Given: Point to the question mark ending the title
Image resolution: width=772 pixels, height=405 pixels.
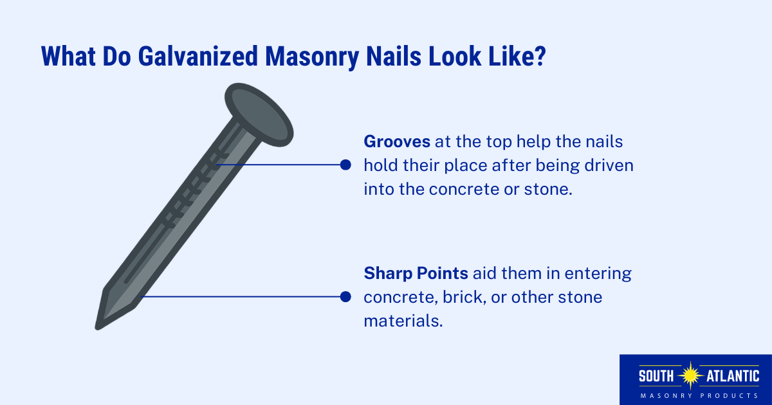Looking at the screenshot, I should click(540, 56).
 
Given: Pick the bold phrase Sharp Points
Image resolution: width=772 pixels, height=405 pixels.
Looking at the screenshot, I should click(416, 274).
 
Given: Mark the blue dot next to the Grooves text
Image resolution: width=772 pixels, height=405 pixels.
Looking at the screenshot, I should click(345, 165).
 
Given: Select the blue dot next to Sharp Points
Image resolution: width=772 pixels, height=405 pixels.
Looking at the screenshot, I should click(345, 297).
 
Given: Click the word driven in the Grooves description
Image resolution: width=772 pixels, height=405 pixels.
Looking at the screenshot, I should click(611, 166).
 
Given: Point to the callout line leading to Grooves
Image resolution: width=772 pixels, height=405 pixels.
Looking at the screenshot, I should click(283, 165).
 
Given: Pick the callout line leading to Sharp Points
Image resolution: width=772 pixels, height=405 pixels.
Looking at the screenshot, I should click(244, 297).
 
